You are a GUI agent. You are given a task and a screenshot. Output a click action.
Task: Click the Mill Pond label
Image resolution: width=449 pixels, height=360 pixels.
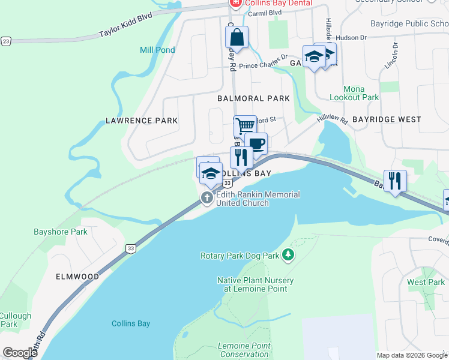(x=157, y=50)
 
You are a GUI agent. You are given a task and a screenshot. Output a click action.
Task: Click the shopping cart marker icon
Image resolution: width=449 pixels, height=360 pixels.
(x=245, y=127)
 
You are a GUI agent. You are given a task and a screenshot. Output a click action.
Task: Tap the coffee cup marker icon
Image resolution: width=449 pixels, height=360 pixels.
(x=256, y=143)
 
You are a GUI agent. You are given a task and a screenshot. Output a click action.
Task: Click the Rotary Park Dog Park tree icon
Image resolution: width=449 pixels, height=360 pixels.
(x=288, y=256)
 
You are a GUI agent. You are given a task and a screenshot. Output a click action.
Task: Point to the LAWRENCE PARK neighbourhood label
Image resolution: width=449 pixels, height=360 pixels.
(x=142, y=121)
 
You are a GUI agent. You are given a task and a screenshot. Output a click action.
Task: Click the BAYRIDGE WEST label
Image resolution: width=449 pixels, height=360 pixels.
(x=387, y=119)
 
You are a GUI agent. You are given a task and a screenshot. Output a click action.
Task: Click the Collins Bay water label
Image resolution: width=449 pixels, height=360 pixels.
(x=131, y=323)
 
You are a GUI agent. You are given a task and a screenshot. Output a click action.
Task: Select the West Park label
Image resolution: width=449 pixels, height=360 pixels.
(x=426, y=282)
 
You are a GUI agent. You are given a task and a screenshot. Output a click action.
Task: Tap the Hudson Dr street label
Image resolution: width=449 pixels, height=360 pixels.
(x=352, y=37)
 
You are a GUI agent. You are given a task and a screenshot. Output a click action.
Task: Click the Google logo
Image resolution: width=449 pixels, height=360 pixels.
(x=20, y=352)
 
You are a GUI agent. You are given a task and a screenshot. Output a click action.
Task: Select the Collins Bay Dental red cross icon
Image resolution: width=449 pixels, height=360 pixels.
(x=235, y=4)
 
